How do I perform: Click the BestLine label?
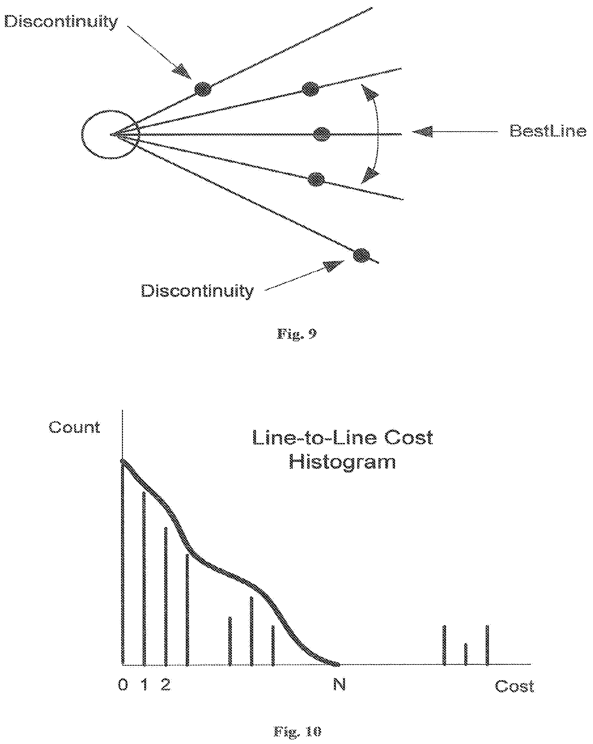(548, 131)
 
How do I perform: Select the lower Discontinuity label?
(197, 291)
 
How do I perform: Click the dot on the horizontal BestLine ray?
(322, 134)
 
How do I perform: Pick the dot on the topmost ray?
(203, 89)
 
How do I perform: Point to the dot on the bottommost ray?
(361, 256)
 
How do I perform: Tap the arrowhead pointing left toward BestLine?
(422, 132)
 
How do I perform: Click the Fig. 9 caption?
(297, 334)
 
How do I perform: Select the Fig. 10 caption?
(297, 731)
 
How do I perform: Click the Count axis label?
(74, 427)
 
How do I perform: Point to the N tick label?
(340, 684)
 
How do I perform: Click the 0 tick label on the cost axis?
(123, 685)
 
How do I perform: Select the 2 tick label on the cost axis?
(166, 684)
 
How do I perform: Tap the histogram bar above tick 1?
(144, 579)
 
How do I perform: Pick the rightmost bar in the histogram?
(487, 645)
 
